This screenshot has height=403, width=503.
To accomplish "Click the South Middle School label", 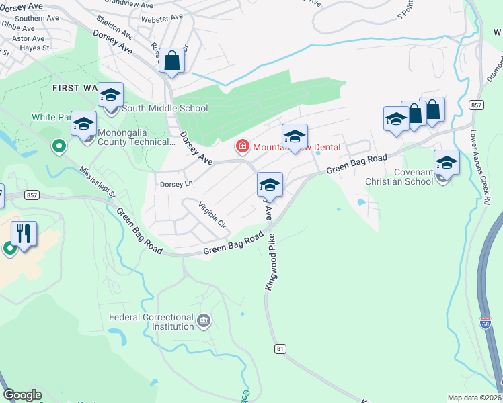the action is point(165,108).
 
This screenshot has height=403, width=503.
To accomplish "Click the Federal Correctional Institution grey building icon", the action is point(204,322).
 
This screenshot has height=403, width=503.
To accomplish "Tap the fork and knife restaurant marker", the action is point(24,234).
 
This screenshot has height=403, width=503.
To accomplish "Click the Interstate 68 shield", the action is point(484,324).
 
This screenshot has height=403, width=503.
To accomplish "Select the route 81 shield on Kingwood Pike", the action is point(280,349).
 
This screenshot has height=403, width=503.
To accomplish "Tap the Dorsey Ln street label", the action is point(176,183).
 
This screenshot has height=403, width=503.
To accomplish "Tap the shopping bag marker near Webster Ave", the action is point(172,61).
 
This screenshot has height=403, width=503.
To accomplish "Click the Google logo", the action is point(22,395).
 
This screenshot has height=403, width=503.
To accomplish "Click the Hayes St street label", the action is point(36,48).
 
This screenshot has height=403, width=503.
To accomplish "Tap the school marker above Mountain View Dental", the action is point(294,136).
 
